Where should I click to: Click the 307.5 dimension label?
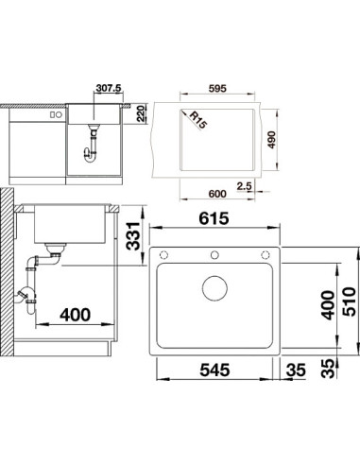pos(109,88)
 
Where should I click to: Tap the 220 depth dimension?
pos(140,113)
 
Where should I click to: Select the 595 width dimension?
pos(217,89)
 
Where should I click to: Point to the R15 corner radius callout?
pos(197,120)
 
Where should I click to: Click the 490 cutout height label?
pos(271,140)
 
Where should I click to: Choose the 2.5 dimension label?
pos(245,186)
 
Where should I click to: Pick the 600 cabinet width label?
pos(217,194)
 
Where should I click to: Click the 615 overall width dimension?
pos(214,218)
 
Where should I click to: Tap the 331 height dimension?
pos(133,236)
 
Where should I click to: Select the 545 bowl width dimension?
pos(214,370)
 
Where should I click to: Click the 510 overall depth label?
pos(349,301)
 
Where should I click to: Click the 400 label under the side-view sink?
pos(76,315)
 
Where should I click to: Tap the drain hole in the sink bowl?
pos(214,288)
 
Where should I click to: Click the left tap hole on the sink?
pos(163,254)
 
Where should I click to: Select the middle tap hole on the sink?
pos(214,254)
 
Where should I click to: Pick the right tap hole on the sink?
pos(266,254)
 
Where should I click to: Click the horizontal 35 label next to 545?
pos(296,370)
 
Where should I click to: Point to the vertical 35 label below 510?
pos(328,369)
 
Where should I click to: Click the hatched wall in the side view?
pos(7,272)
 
